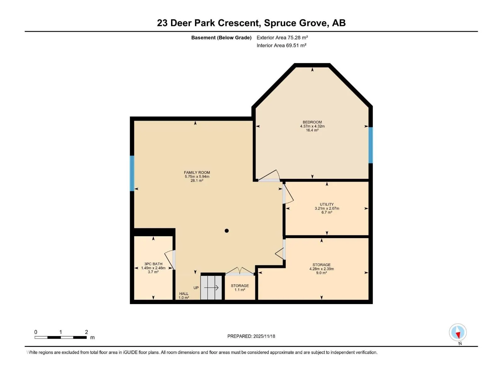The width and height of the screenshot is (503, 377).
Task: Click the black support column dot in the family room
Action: coord(226,231)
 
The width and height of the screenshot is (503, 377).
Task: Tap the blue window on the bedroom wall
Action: coord(370,145)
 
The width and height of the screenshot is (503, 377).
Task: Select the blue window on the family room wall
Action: coord(132,173)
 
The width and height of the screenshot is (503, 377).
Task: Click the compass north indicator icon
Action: coord(458,332)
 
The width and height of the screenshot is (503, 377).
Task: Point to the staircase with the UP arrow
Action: coord(211,287)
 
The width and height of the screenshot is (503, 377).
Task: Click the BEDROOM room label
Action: coord(312,122)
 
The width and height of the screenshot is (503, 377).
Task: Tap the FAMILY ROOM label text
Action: coord(197,172)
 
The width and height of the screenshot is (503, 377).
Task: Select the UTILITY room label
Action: coord(327,204)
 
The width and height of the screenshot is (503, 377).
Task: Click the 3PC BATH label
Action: coord(153,264)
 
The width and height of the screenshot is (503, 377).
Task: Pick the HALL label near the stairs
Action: coord(184,293)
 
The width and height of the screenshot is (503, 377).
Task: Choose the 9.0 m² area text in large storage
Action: coord(321,273)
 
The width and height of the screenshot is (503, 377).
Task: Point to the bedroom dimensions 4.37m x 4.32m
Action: coord(312,126)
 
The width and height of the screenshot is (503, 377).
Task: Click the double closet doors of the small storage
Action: coord(240,270)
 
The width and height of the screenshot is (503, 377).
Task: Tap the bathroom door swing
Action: coord(170,260)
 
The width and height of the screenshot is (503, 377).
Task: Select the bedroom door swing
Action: coord(269,176)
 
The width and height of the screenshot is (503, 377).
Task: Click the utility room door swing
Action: coord(288,194)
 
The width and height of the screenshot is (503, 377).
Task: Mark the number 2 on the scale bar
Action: coord(86,332)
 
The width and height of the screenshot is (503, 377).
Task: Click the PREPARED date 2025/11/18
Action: coord(264,336)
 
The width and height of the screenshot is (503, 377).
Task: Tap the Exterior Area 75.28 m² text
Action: coord(282,37)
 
